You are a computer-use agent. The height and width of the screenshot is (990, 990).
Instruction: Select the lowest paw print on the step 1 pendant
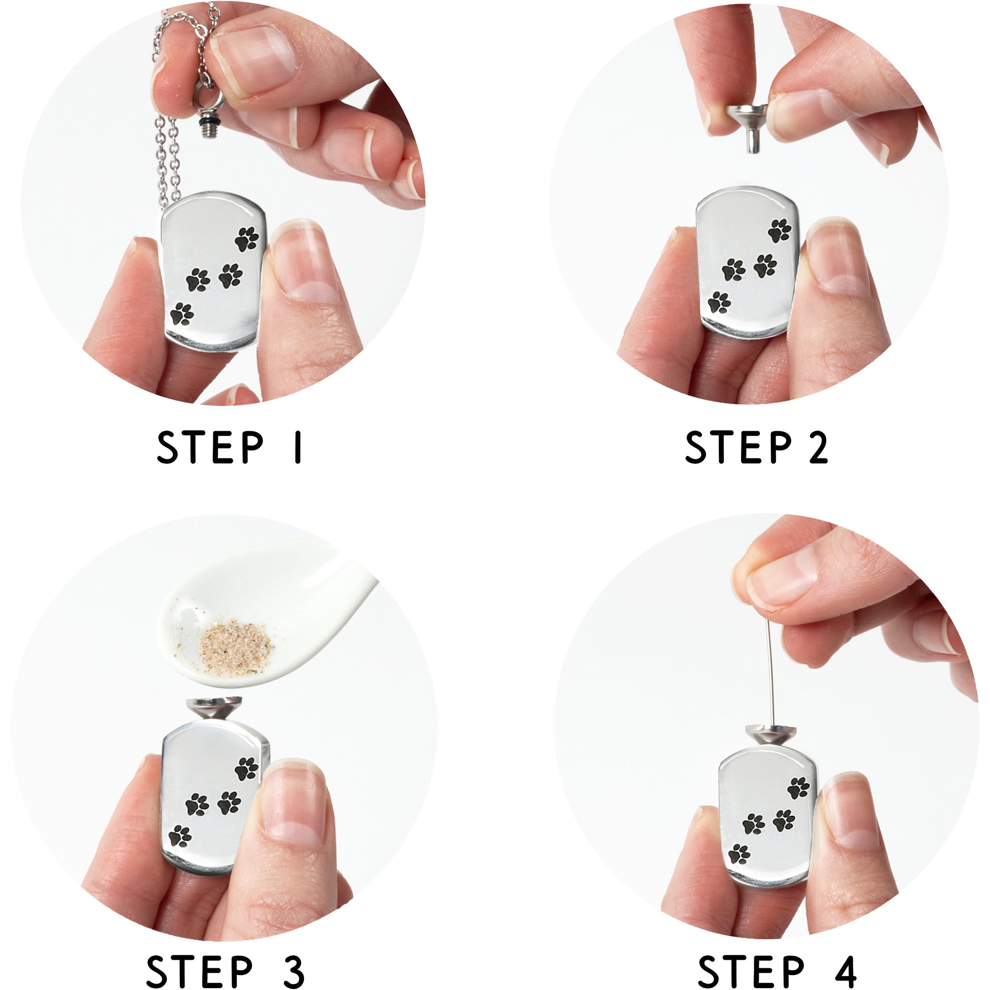tap(182, 314)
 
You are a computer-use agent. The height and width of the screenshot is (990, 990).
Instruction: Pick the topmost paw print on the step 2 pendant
tap(780, 231)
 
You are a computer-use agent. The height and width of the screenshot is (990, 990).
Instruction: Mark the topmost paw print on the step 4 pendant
tap(798, 788)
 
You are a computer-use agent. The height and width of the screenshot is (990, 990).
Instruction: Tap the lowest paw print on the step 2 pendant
tap(719, 302)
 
